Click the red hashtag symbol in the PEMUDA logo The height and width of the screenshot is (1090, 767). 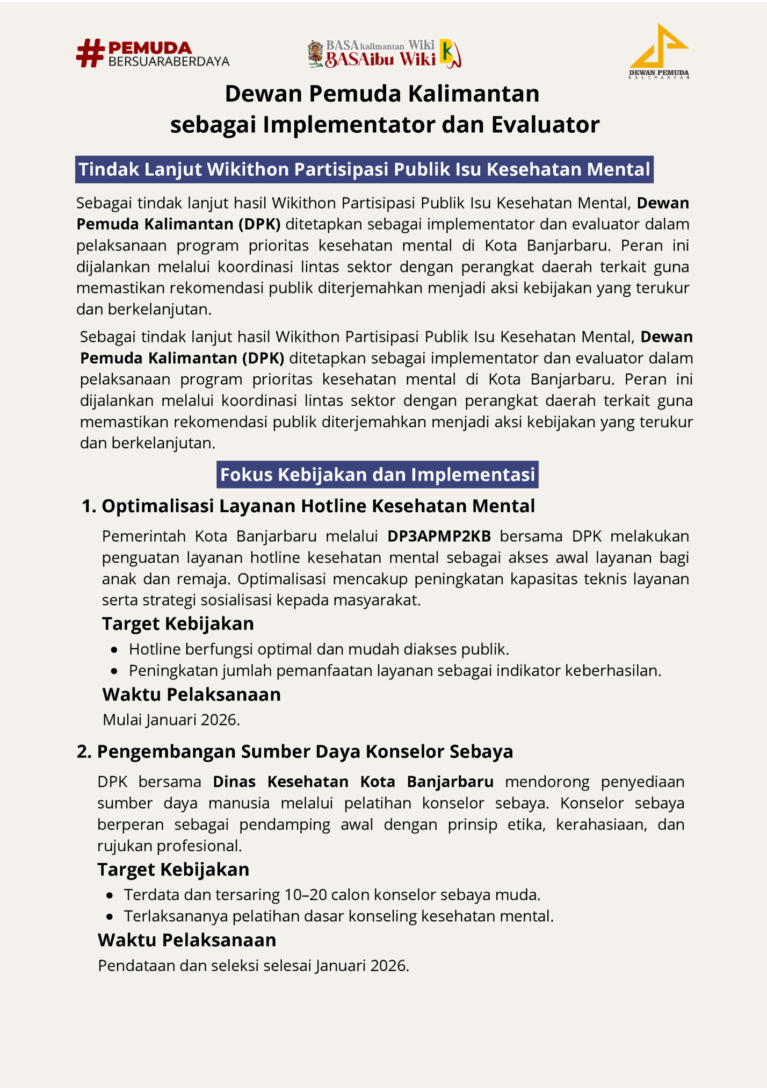tap(90, 53)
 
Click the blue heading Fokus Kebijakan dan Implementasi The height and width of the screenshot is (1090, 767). tap(377, 475)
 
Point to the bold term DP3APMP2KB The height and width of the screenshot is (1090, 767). tap(439, 536)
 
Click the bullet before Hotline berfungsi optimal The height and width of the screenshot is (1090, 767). tap(114, 650)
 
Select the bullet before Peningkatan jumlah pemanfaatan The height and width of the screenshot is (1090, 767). tap(114, 671)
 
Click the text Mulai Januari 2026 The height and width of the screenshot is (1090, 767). tap(171, 720)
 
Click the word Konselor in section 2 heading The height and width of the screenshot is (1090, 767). tap(405, 751)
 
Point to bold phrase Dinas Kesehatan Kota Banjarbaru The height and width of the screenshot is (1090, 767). tap(353, 781)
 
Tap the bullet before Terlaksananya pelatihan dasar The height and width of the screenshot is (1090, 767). tap(110, 917)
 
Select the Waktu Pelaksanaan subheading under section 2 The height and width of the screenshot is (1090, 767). tap(186, 940)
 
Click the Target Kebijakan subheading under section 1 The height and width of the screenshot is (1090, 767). tap(177, 623)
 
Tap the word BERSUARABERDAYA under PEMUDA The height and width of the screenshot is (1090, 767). tap(169, 62)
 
